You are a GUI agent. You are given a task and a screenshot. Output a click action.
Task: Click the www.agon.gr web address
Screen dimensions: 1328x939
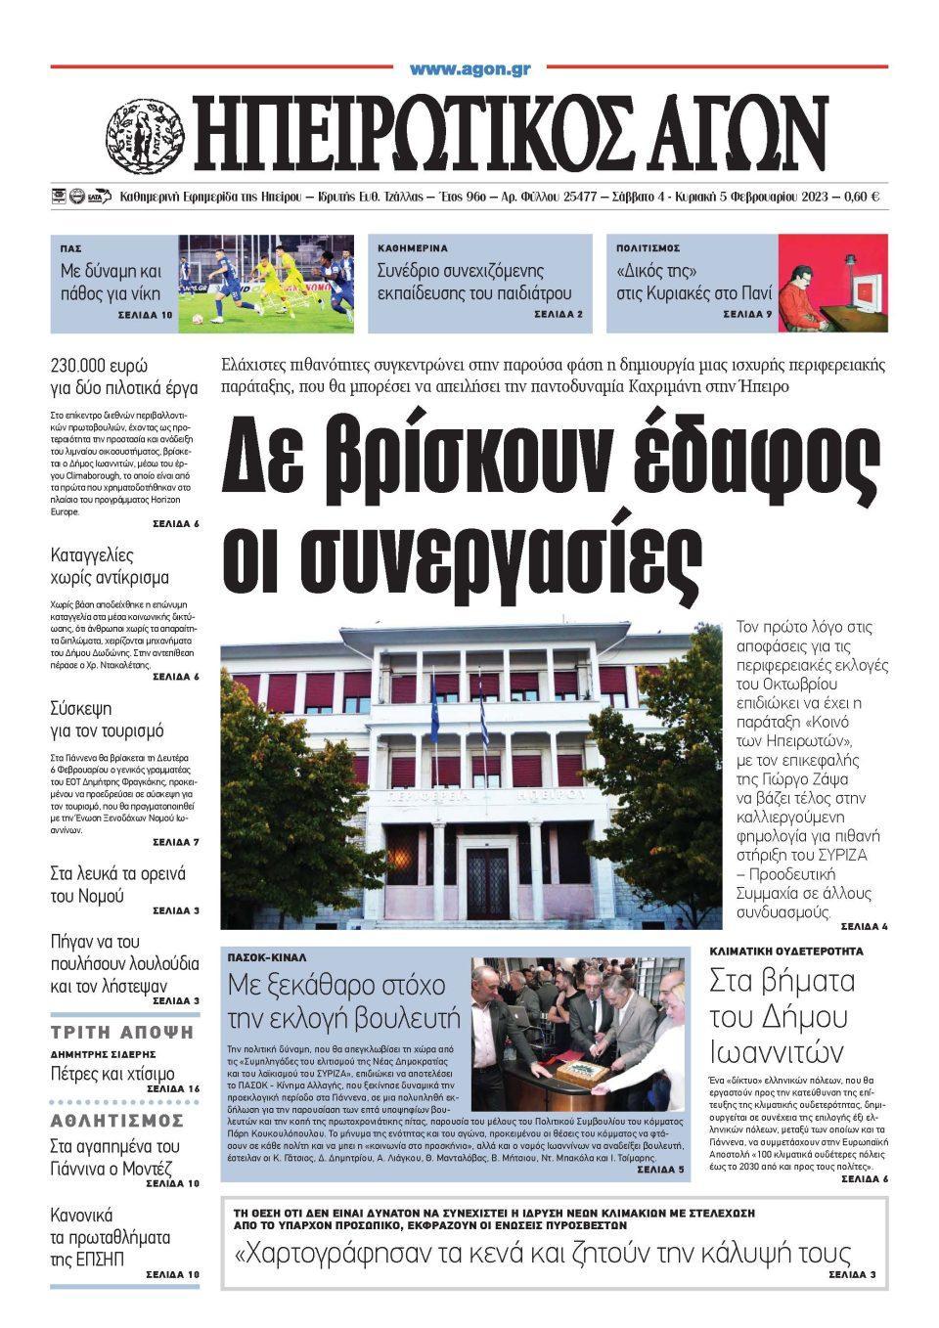(469, 69)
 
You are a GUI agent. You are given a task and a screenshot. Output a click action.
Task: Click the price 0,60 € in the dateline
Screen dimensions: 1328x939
(860, 197)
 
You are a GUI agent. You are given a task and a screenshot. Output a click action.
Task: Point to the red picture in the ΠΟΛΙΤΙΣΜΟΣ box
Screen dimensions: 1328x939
(832, 283)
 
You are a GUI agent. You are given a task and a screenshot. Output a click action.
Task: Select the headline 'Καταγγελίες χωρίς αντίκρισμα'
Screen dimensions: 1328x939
(110, 566)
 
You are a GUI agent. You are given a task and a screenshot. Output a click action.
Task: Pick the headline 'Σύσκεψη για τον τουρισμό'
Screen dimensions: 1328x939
(107, 719)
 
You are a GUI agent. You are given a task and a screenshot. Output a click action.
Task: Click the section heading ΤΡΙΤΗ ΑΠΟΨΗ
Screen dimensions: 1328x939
(123, 1032)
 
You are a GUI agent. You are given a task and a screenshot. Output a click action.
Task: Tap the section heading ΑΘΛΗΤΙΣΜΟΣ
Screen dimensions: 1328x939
(117, 1121)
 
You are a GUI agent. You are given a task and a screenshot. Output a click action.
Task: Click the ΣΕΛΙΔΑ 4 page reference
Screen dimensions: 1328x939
(864, 925)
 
